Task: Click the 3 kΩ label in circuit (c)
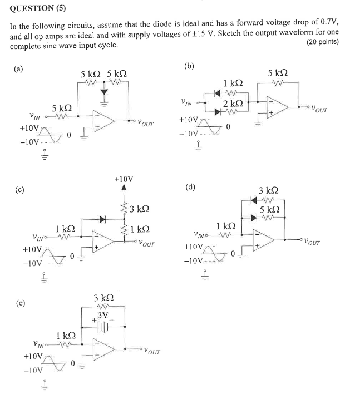click(x=139, y=209)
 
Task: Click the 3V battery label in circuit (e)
click(x=102, y=316)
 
